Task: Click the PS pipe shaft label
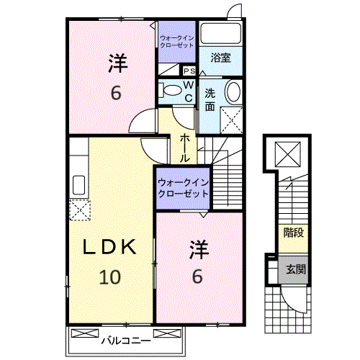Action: [x=189, y=71]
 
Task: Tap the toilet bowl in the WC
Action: [x=172, y=91]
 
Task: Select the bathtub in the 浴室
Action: [x=220, y=33]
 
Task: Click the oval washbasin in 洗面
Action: [x=233, y=91]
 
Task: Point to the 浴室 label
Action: [x=220, y=58]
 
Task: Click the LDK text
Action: [x=109, y=247]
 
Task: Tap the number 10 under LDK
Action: [x=110, y=277]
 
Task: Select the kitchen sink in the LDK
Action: [x=78, y=185]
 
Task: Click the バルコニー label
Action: [x=126, y=341]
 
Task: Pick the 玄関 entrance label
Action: [x=296, y=269]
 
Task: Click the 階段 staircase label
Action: [x=294, y=233]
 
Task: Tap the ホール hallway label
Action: [x=185, y=148]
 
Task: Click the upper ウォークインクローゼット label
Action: [x=177, y=42]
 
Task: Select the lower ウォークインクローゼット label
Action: [x=183, y=188]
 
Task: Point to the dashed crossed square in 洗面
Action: [x=231, y=120]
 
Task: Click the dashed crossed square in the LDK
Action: [x=80, y=210]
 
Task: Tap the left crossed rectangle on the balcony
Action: [x=85, y=333]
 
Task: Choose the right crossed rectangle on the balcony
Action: [x=167, y=333]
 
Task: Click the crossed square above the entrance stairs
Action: [x=288, y=154]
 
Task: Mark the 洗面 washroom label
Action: [x=210, y=100]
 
